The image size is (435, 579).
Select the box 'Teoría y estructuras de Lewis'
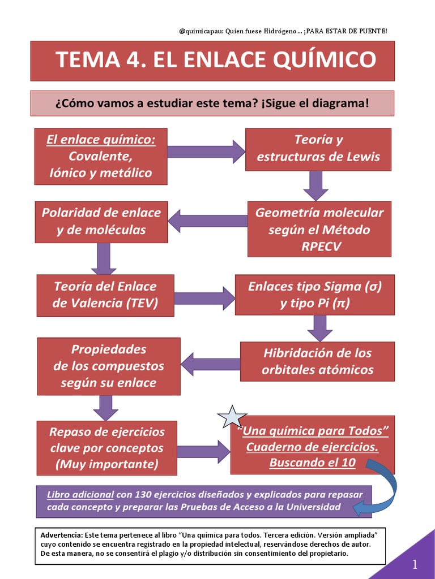click(x=318, y=149)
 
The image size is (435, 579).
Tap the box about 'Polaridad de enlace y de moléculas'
click(x=101, y=222)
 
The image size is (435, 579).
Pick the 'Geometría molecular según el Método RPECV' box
click(x=319, y=229)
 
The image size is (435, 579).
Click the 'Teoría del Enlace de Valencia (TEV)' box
click(x=105, y=295)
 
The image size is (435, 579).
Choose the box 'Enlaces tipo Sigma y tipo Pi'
click(x=315, y=295)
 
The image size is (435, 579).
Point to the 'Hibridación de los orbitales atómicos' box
click(x=317, y=362)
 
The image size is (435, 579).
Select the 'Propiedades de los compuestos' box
click(x=109, y=366)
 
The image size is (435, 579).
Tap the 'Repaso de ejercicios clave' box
click(x=107, y=448)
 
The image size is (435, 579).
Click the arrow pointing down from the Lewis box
click(x=315, y=185)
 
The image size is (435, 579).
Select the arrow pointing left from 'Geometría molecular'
click(x=208, y=221)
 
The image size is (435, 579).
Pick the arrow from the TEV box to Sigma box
click(x=204, y=299)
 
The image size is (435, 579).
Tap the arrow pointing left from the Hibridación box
click(x=210, y=364)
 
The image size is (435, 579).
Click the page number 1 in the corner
click(x=415, y=564)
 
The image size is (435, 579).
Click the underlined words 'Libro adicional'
click(x=80, y=494)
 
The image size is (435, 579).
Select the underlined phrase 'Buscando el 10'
click(x=312, y=463)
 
